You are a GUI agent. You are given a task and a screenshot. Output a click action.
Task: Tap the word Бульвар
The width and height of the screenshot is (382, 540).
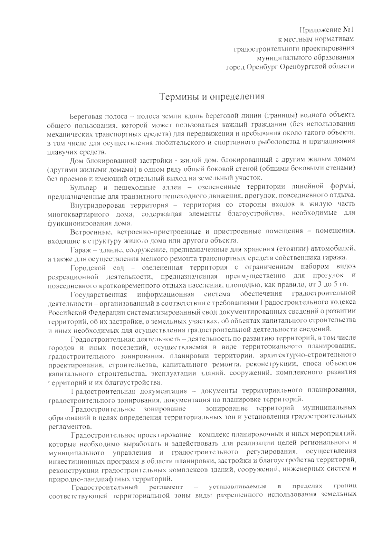[x=83, y=186]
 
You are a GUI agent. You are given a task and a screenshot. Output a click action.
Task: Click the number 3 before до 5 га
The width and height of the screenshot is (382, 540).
[x=315, y=284]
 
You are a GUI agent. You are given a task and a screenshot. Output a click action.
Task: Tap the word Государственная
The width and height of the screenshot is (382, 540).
[x=99, y=293]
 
